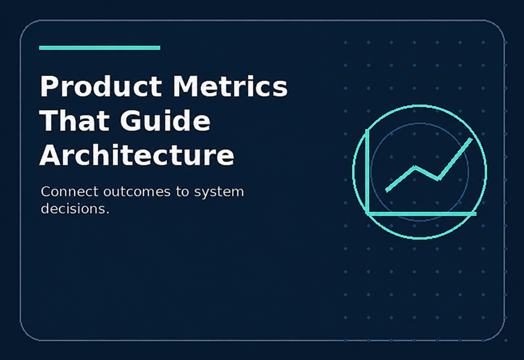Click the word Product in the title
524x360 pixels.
point(101,86)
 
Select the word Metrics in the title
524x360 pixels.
point(230,86)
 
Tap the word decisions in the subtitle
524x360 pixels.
point(73,209)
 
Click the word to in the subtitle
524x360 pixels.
point(183,192)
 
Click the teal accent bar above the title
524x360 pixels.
point(100,48)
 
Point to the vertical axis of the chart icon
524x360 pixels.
point(367,172)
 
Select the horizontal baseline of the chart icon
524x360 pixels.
point(421,213)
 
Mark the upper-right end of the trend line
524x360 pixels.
point(471,139)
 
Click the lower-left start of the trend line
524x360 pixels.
point(387,191)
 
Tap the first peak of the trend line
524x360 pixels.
point(415,167)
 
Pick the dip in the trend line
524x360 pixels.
point(439,179)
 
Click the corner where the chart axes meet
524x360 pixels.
point(367,213)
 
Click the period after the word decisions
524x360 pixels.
point(107,212)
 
